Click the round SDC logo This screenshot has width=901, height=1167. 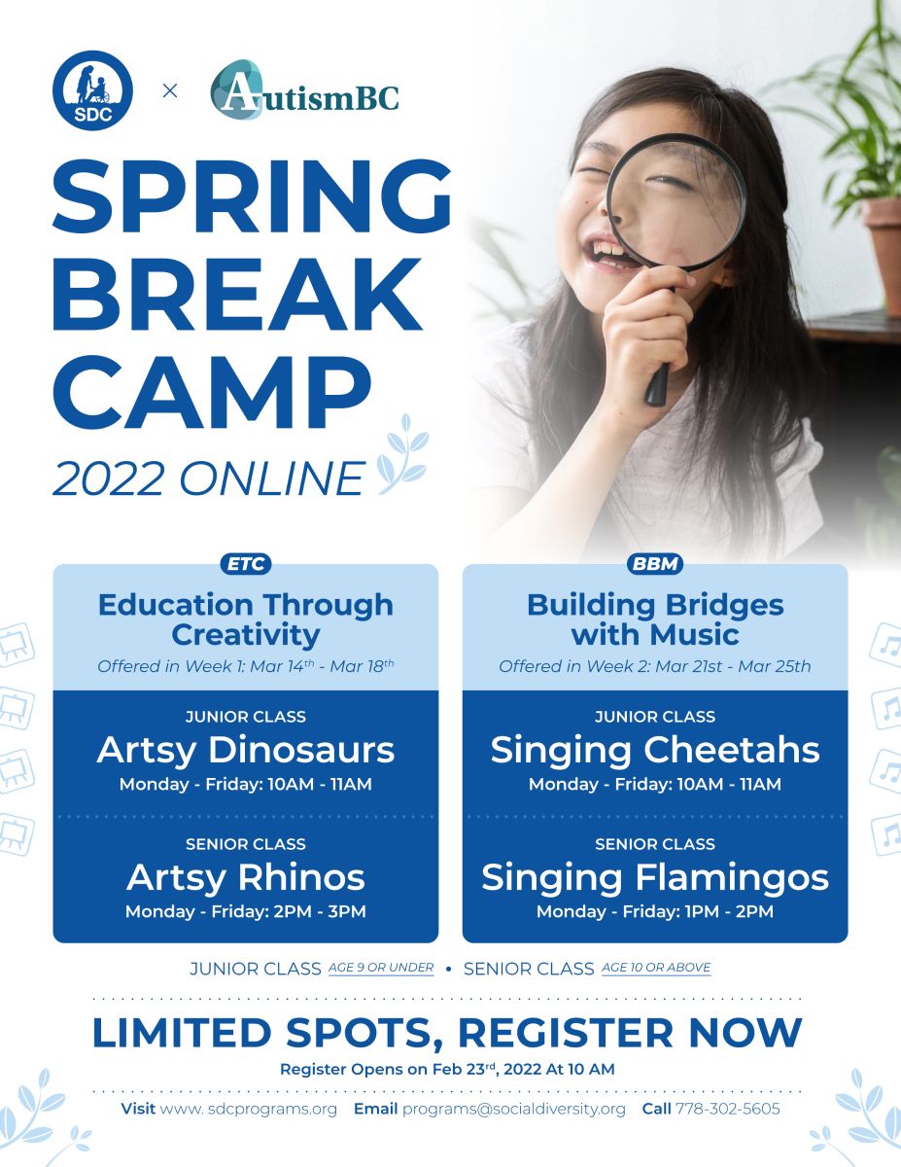click(93, 90)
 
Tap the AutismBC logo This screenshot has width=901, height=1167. click(304, 89)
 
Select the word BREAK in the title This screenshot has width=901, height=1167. click(237, 295)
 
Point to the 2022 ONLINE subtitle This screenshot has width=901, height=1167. click(209, 477)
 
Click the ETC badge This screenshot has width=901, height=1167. click(246, 564)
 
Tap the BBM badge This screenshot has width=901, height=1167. click(655, 564)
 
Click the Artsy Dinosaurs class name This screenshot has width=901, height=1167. click(246, 750)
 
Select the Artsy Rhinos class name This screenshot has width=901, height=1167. click(246, 877)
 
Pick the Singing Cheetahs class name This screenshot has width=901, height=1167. click(655, 751)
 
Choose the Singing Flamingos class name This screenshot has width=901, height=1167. click(655, 878)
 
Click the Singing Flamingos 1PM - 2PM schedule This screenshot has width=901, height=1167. click(655, 911)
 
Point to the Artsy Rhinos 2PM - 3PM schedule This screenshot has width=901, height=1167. click(246, 911)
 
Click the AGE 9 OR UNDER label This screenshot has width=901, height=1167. click(381, 968)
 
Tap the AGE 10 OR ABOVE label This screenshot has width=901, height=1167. click(656, 968)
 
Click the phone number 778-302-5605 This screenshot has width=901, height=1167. click(727, 1109)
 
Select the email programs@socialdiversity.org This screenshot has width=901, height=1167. click(514, 1110)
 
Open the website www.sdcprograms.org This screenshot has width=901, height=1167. click(249, 1110)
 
